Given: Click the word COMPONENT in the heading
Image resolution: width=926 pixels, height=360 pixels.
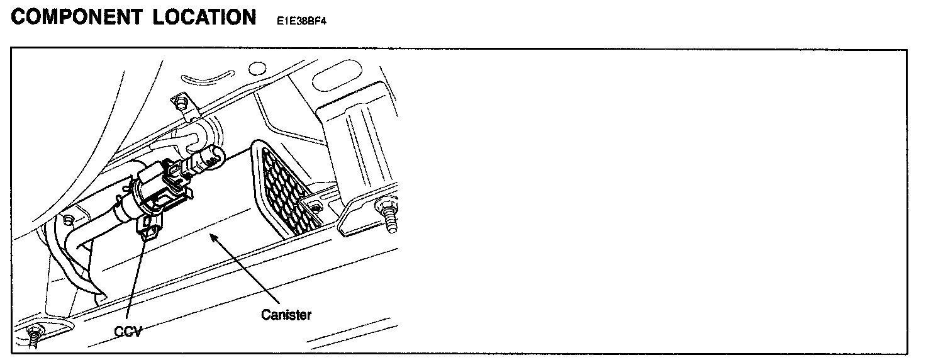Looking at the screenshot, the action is pyautogui.click(x=77, y=17).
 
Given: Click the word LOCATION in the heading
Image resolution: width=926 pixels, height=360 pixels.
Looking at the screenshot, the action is pyautogui.click(x=204, y=17).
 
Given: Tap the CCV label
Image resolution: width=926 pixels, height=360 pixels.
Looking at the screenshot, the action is pyautogui.click(x=128, y=330).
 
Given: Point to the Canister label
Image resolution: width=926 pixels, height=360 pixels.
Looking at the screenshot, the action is pyautogui.click(x=286, y=314).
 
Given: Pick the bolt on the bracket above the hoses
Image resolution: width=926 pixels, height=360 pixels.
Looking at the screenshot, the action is pyautogui.click(x=181, y=101).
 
